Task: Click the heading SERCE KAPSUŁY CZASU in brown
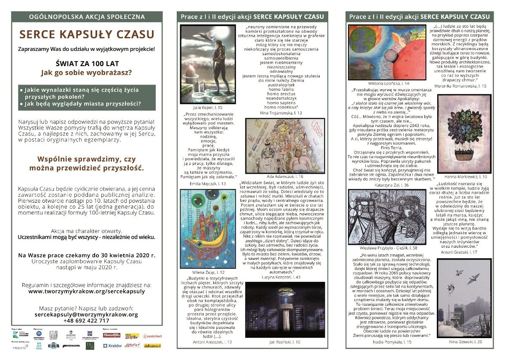tap(87, 34)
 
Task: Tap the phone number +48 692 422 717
tap(87, 320)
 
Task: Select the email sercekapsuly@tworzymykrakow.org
tap(87, 314)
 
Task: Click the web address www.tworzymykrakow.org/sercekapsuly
tap(87, 291)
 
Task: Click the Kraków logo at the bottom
tap(112, 346)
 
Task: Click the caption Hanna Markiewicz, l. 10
tap(465, 177)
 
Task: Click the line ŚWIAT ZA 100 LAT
tap(87, 64)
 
